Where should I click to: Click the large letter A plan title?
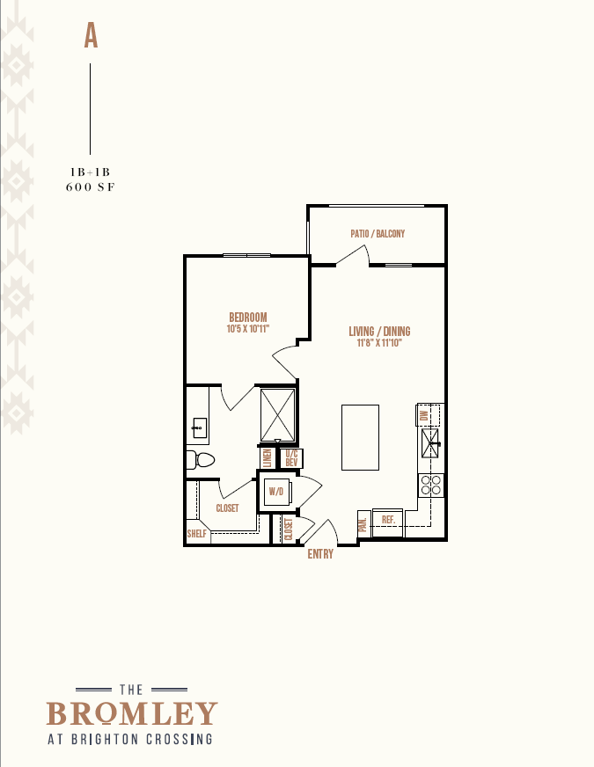coord(91,36)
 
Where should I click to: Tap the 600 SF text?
coord(91,186)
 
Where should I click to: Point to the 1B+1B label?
coord(90,172)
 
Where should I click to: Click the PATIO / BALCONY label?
coord(378,233)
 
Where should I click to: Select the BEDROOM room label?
coord(248,317)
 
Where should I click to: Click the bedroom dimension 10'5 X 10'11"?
coord(248,329)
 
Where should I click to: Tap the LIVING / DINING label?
coord(379,331)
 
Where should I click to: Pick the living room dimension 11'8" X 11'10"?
coord(379,343)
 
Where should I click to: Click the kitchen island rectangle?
coord(360,437)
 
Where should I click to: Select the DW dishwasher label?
coord(424,415)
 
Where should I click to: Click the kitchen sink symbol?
coord(430,443)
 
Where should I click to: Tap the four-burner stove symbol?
coord(431,485)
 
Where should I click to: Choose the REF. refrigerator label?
coord(388,520)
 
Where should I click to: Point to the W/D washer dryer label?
coord(276,491)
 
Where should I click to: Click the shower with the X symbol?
coord(278,415)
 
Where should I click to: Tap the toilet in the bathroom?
coord(202,460)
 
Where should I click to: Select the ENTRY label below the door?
coord(320,554)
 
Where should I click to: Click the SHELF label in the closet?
coord(197,534)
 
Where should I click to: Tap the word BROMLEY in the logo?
coord(132,713)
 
